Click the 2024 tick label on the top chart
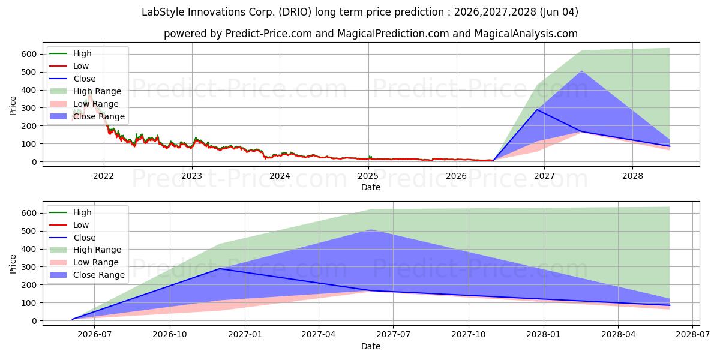[x=280, y=176]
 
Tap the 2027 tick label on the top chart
[x=544, y=176]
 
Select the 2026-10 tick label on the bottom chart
[x=170, y=335]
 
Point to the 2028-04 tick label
[x=618, y=335]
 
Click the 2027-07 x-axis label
[x=393, y=335]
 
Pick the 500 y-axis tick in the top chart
[x=29, y=72]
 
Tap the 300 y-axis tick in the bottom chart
[x=29, y=267]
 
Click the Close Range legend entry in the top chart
[x=87, y=116]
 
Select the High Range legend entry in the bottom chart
[x=85, y=250]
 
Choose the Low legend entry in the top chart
[x=69, y=66]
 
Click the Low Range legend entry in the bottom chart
[x=84, y=262]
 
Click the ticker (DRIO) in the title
[x=295, y=12]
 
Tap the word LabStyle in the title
[x=163, y=12]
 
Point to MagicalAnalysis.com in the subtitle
[x=526, y=34]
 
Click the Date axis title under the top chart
[x=371, y=187]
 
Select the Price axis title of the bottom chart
[x=13, y=264]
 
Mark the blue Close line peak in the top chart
[x=537, y=110]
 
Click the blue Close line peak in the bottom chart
[x=219, y=269]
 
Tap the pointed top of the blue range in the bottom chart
[x=371, y=229]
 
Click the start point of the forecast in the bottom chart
[x=72, y=319]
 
